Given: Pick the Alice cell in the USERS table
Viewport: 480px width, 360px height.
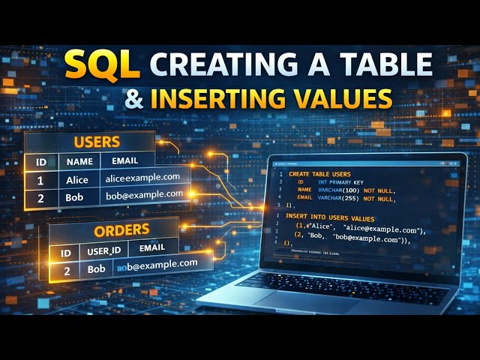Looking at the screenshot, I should pos(77,179).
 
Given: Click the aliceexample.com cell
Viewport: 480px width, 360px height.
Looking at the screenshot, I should pos(142,177).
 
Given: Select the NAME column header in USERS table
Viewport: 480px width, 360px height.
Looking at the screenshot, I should pos(79,160).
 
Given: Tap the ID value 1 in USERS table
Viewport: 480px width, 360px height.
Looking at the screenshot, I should pos(40,180).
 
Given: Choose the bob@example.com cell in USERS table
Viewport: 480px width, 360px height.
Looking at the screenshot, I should pos(144,194).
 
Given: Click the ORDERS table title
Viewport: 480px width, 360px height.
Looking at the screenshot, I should pos(121,230).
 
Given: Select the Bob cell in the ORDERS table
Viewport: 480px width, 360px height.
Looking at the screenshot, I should pos(95,268).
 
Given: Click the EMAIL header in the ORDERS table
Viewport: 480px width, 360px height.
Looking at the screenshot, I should pos(153,248).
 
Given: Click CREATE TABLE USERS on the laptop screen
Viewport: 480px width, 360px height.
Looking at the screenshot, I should pos(319,173).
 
